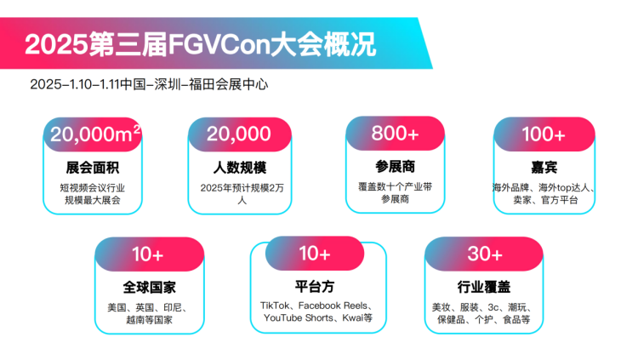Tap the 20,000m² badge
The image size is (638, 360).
(94, 134)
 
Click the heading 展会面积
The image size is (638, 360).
(92, 166)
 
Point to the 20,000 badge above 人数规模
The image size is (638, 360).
(238, 134)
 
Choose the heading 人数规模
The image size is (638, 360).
(239, 166)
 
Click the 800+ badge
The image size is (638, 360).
(396, 134)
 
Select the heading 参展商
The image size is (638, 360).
(395, 165)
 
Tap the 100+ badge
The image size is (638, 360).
(544, 134)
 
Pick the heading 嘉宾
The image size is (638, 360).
(544, 166)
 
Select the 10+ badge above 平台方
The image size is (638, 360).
(315, 253)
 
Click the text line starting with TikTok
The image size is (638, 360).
(316, 305)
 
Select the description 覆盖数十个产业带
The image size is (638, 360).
(395, 185)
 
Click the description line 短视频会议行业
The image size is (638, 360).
(92, 186)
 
